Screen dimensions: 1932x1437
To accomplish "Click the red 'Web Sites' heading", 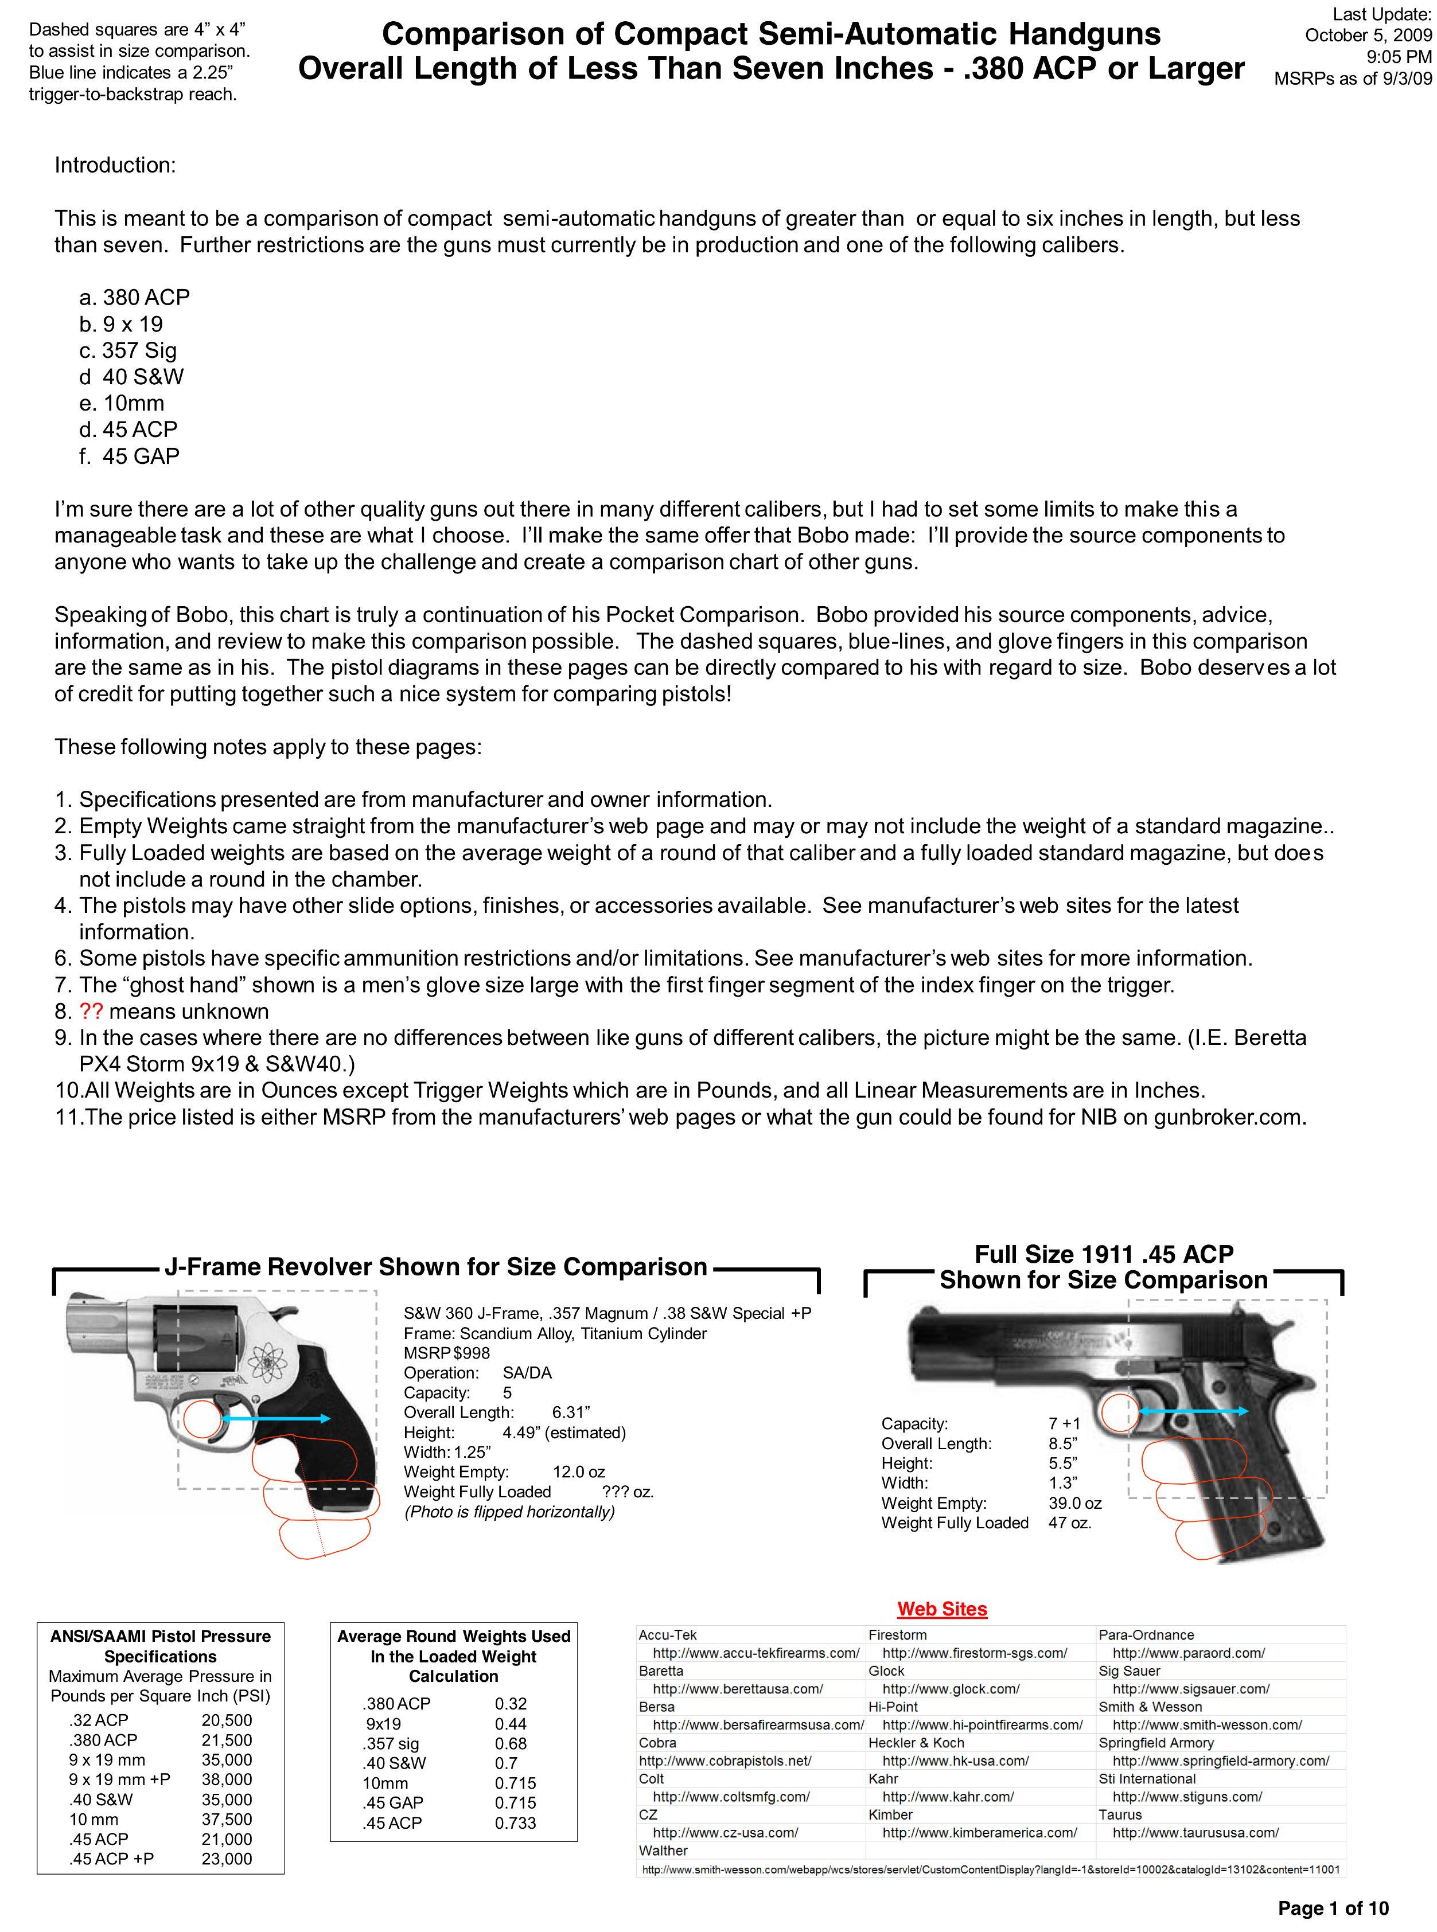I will pos(942,1609).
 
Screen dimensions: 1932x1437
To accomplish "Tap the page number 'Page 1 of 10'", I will pos(1333,1908).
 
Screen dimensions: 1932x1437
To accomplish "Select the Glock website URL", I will pos(951,1688).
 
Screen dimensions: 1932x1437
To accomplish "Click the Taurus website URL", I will pos(1195,1832).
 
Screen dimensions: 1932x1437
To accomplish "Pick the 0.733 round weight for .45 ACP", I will pos(515,1823).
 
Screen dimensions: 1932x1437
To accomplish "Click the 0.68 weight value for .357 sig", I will pos(511,1743).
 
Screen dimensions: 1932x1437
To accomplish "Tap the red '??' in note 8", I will pos(91,1011).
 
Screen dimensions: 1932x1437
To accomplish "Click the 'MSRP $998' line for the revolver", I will pos(446,1353).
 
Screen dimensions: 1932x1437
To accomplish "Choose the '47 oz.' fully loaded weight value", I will pos(1070,1523).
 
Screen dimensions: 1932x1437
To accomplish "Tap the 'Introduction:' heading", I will pos(115,165).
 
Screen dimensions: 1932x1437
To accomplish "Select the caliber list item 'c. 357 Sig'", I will pos(128,350).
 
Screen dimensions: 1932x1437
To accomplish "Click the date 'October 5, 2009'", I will pos(1368,36).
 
